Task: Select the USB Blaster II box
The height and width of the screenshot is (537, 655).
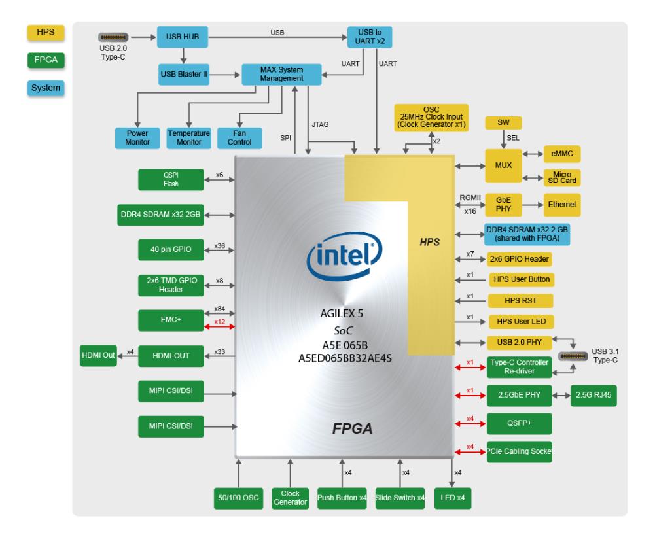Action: (x=184, y=75)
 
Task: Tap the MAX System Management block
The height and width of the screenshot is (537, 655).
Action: (x=282, y=74)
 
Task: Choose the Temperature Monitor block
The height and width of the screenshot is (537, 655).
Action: (x=188, y=136)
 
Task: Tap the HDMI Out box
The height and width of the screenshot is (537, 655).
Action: (x=99, y=355)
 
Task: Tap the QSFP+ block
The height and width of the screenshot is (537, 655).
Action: (x=520, y=423)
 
